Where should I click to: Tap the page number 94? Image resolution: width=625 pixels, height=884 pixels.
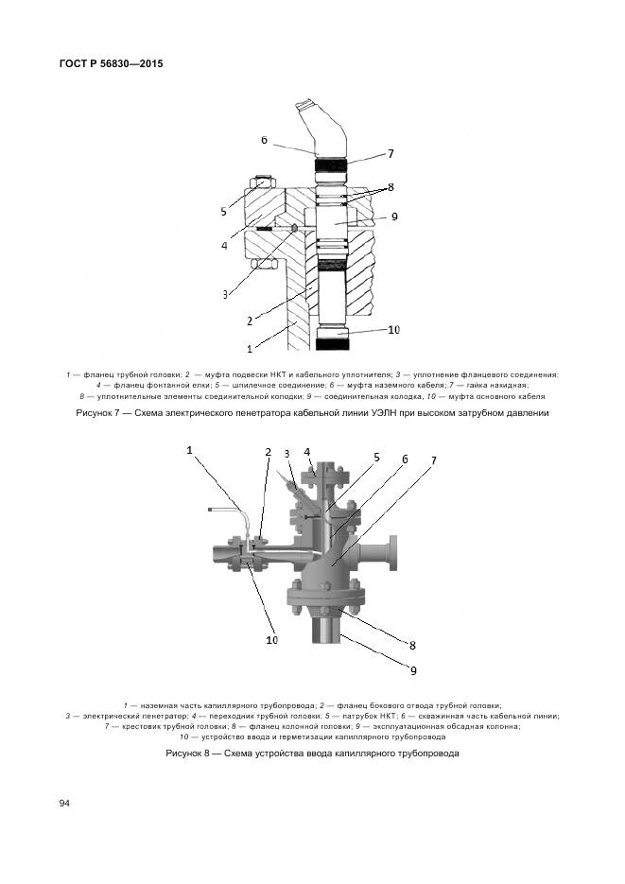click(x=65, y=803)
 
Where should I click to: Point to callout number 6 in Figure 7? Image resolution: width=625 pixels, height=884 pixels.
click(x=265, y=140)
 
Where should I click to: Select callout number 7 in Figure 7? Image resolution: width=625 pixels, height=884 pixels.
click(x=390, y=153)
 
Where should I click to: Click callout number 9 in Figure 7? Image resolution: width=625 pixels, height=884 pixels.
click(x=394, y=217)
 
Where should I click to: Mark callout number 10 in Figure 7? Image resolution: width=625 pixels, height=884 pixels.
click(x=393, y=330)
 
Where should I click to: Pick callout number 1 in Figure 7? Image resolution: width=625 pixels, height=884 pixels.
click(x=250, y=348)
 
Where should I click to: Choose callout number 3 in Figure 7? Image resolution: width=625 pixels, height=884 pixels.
click(x=226, y=294)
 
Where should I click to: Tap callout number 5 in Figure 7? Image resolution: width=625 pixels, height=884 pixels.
click(x=224, y=211)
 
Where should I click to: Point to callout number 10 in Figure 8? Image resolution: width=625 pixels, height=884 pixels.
click(x=271, y=640)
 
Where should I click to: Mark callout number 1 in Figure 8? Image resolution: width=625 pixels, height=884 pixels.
click(x=190, y=451)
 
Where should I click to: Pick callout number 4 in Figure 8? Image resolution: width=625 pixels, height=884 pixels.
click(x=307, y=452)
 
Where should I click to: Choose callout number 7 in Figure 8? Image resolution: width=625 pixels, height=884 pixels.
click(x=434, y=460)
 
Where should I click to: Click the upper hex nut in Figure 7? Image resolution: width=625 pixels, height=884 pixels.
click(x=263, y=182)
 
